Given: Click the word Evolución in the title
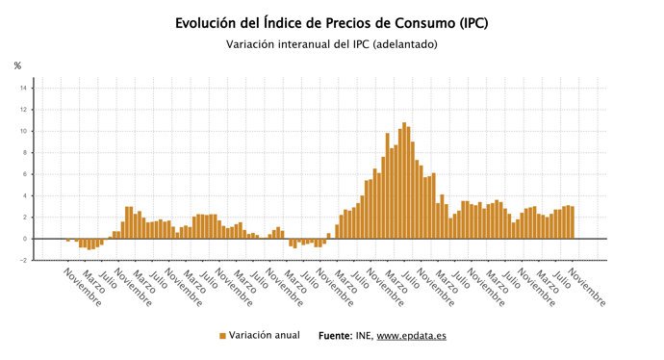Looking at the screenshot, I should click(x=210, y=22).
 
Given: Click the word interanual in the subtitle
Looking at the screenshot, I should click(x=306, y=44).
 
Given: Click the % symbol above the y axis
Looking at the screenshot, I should click(x=17, y=65).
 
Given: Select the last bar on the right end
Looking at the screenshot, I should click(x=572, y=222).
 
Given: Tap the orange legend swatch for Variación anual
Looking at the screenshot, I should click(x=222, y=336).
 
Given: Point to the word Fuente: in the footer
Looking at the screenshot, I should click(x=337, y=336).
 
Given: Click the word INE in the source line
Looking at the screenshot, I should click(x=365, y=336).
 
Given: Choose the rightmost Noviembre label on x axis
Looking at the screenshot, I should click(x=588, y=286).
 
